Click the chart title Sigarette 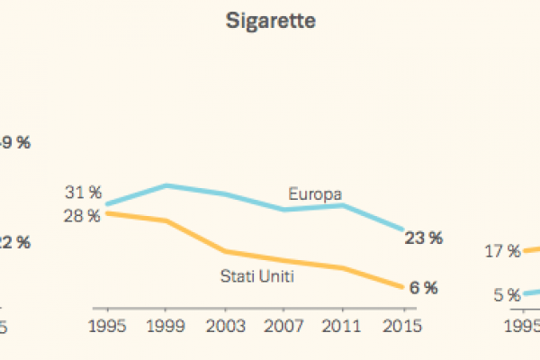point(270,22)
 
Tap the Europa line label point(316,193)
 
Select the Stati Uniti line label point(258,275)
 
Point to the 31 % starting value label point(82,193)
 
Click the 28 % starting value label point(82,216)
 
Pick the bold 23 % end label point(423,238)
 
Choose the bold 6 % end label point(423,288)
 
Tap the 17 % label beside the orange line point(502,252)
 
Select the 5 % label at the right point(507,294)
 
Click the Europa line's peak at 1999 point(166,185)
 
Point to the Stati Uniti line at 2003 point(225,251)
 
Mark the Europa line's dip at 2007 point(283,210)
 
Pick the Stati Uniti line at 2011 point(343,268)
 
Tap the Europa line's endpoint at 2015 point(401,229)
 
